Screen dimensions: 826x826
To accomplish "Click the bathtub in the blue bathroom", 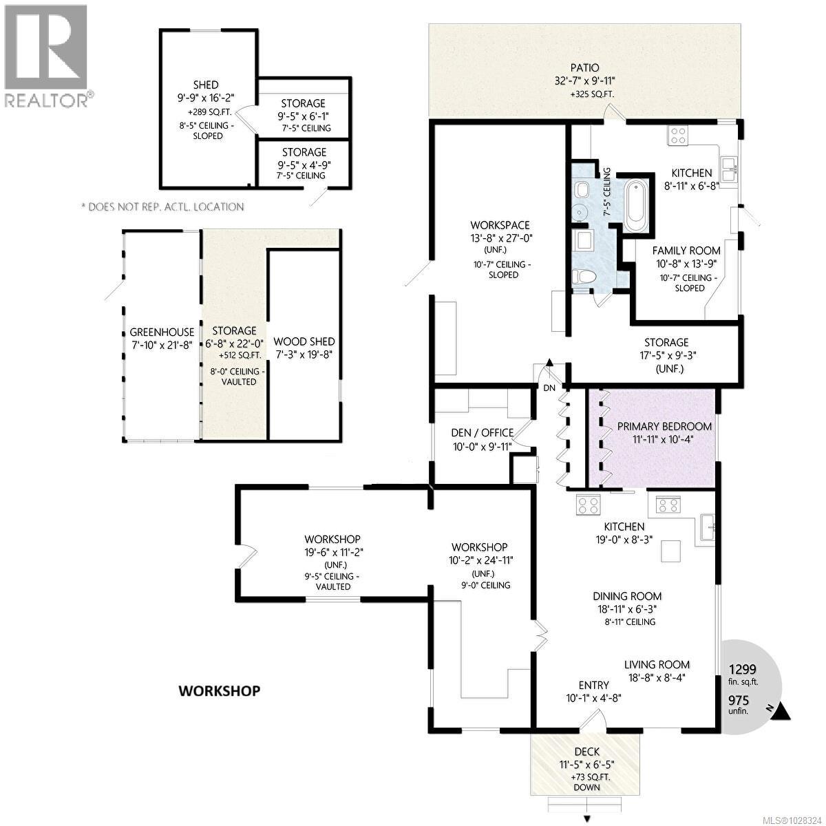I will pyautogui.click(x=636, y=206).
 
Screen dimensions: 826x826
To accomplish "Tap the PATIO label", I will pyautogui.click(x=584, y=67).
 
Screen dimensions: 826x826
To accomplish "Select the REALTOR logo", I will pyautogui.click(x=46, y=55).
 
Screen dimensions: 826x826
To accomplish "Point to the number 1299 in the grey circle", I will pyautogui.click(x=743, y=668).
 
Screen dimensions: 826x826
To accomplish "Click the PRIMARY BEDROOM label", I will pyautogui.click(x=664, y=426).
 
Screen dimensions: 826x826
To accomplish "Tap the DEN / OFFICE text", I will pyautogui.click(x=483, y=432).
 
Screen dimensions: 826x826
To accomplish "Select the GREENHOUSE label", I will pyautogui.click(x=162, y=332).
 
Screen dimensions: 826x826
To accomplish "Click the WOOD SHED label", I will pyautogui.click(x=304, y=341).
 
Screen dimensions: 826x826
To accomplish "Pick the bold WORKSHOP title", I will pyautogui.click(x=220, y=690).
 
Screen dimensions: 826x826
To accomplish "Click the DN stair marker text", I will pyautogui.click(x=549, y=388).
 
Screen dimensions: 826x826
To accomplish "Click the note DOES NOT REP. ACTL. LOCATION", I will pyautogui.click(x=162, y=206).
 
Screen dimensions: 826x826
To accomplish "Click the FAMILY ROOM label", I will pyautogui.click(x=686, y=251).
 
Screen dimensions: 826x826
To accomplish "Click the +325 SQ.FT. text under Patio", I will pyautogui.click(x=584, y=94).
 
